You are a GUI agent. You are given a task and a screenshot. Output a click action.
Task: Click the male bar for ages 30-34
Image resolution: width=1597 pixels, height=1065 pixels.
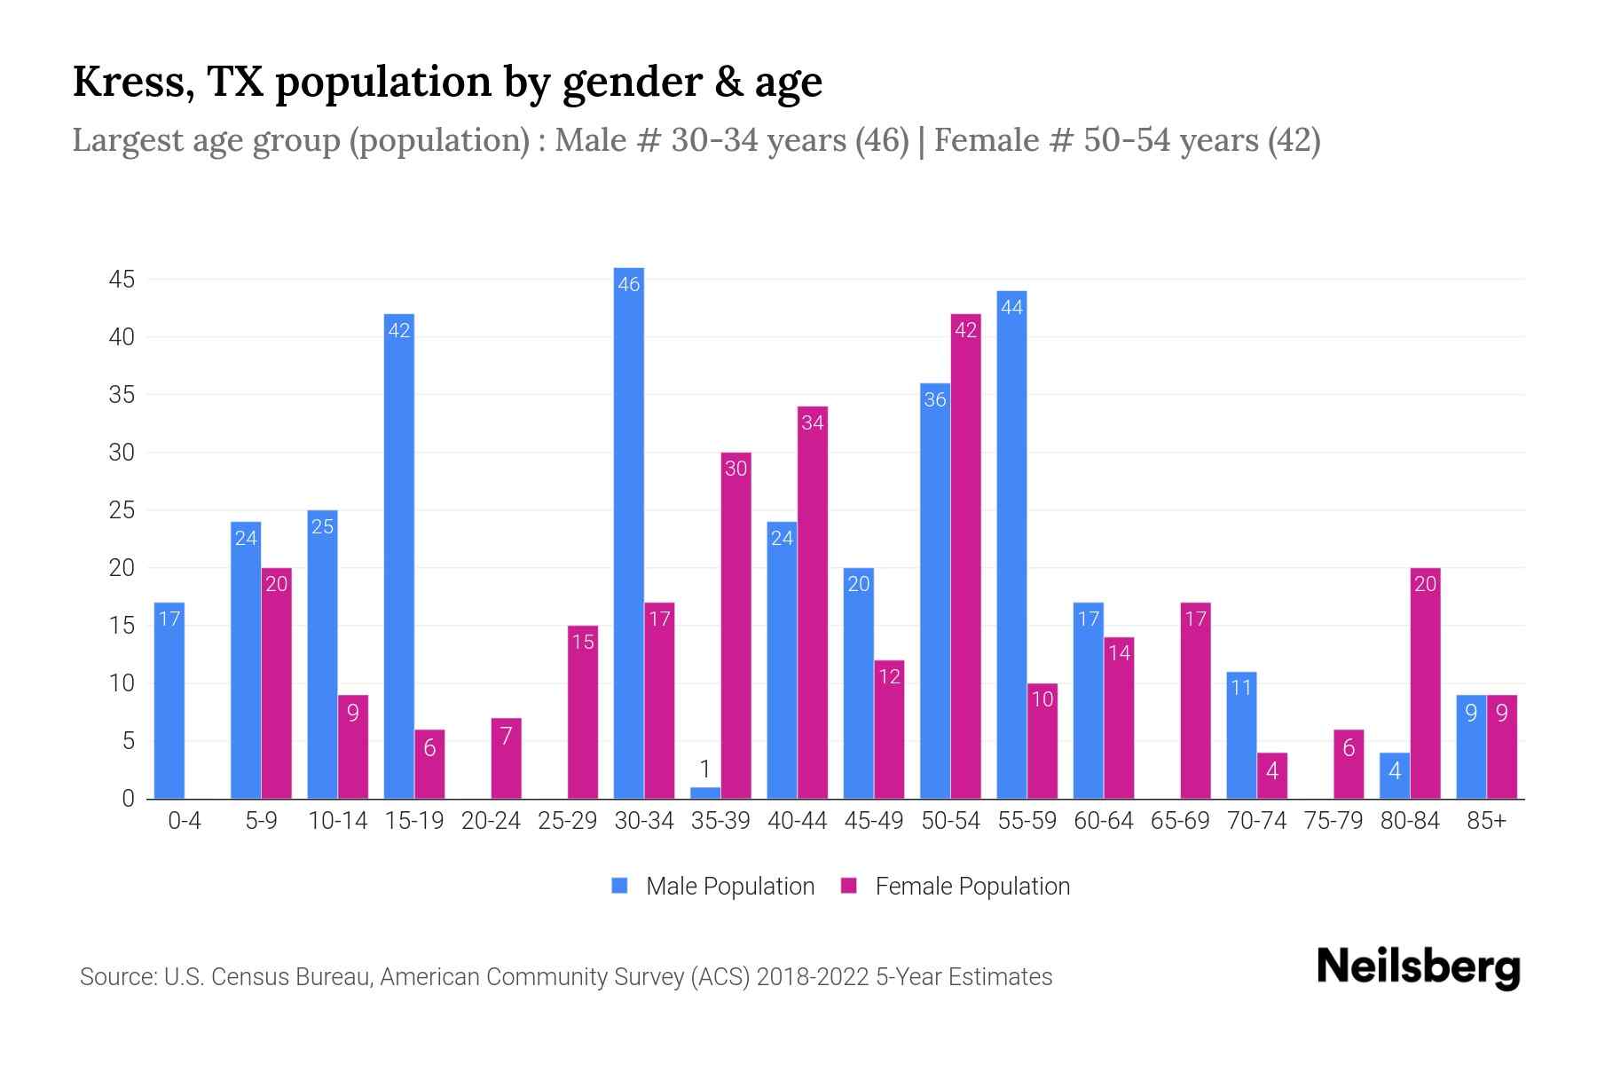tap(628, 532)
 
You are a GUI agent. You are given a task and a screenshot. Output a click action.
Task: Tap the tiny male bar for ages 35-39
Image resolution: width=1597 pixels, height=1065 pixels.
tap(705, 793)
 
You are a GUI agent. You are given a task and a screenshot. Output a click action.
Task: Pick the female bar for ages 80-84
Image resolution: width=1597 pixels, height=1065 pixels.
tap(1425, 683)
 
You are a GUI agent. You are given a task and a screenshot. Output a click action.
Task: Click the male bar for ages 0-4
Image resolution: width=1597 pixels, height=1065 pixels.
tap(169, 701)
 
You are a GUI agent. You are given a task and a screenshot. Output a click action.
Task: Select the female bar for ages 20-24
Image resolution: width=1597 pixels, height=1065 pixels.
tap(506, 759)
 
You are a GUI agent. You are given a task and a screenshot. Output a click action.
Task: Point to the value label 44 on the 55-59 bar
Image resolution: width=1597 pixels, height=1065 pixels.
tap(1011, 307)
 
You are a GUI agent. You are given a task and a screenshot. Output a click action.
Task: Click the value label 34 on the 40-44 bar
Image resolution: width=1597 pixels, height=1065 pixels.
tap(812, 422)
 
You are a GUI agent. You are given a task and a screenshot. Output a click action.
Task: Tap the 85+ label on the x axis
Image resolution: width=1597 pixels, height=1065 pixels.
tap(1486, 821)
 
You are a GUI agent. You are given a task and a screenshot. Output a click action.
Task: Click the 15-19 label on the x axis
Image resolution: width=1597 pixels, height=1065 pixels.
tap(414, 821)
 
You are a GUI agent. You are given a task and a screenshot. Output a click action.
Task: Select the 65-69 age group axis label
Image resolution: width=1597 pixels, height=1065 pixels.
tap(1180, 821)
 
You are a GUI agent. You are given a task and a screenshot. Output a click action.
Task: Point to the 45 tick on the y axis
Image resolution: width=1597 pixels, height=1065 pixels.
tap(122, 280)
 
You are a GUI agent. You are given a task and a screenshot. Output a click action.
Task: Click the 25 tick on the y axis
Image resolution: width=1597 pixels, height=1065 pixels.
tap(122, 510)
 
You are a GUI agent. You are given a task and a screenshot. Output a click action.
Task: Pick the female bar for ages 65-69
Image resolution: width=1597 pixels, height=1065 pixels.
tap(1195, 701)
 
